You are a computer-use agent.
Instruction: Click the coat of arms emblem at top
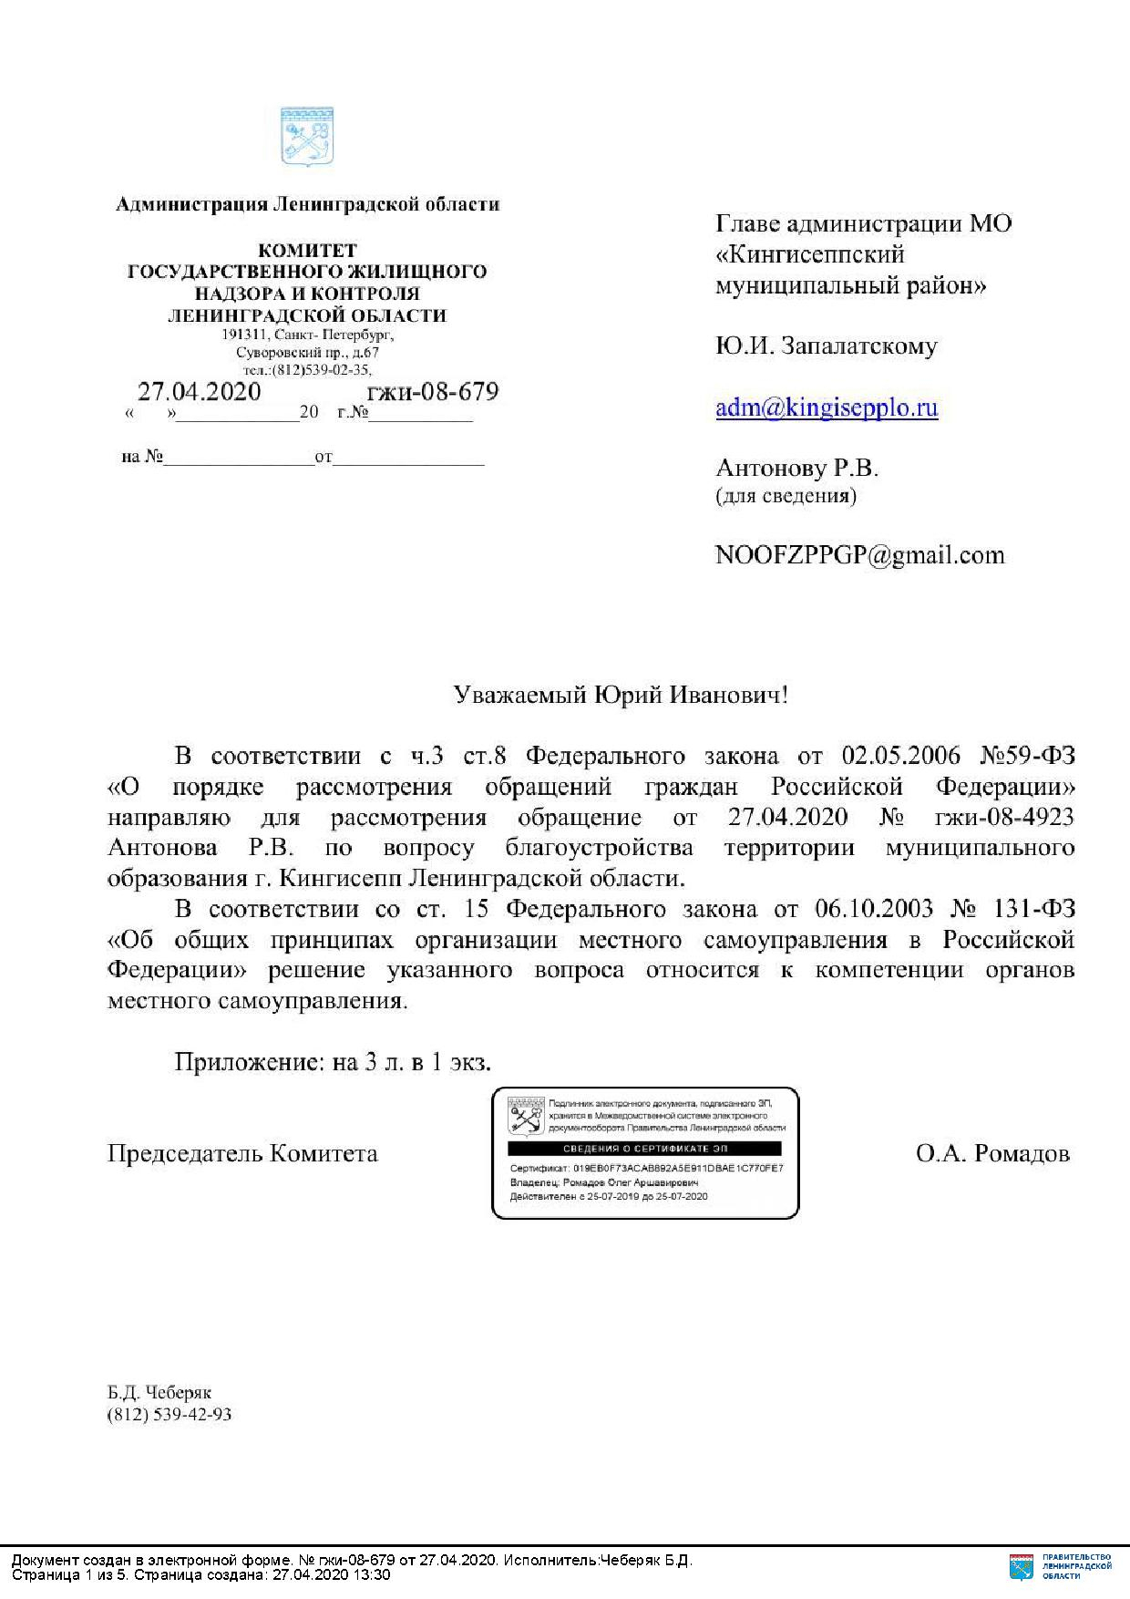[x=306, y=137]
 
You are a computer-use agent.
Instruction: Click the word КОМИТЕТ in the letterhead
[x=307, y=250]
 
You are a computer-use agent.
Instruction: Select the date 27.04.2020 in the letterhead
[x=199, y=392]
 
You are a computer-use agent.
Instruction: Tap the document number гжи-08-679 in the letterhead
[x=432, y=392]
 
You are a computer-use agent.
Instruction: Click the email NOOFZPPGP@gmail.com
[x=859, y=554]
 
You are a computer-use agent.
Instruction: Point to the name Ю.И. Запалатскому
[x=826, y=346]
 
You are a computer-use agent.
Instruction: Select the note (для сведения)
[x=786, y=496]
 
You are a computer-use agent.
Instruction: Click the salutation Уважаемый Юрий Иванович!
[x=621, y=696]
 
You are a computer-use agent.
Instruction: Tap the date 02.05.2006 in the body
[x=901, y=756]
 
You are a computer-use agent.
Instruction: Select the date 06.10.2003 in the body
[x=876, y=909]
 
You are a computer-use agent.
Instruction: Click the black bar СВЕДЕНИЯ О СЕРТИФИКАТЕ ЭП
[x=644, y=1149]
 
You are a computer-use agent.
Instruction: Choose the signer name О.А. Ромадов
[x=992, y=1154]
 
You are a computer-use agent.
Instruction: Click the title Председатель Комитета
[x=242, y=1154]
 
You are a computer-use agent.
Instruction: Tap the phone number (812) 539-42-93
[x=169, y=1415]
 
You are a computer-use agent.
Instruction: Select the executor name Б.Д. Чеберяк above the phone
[x=159, y=1394]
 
